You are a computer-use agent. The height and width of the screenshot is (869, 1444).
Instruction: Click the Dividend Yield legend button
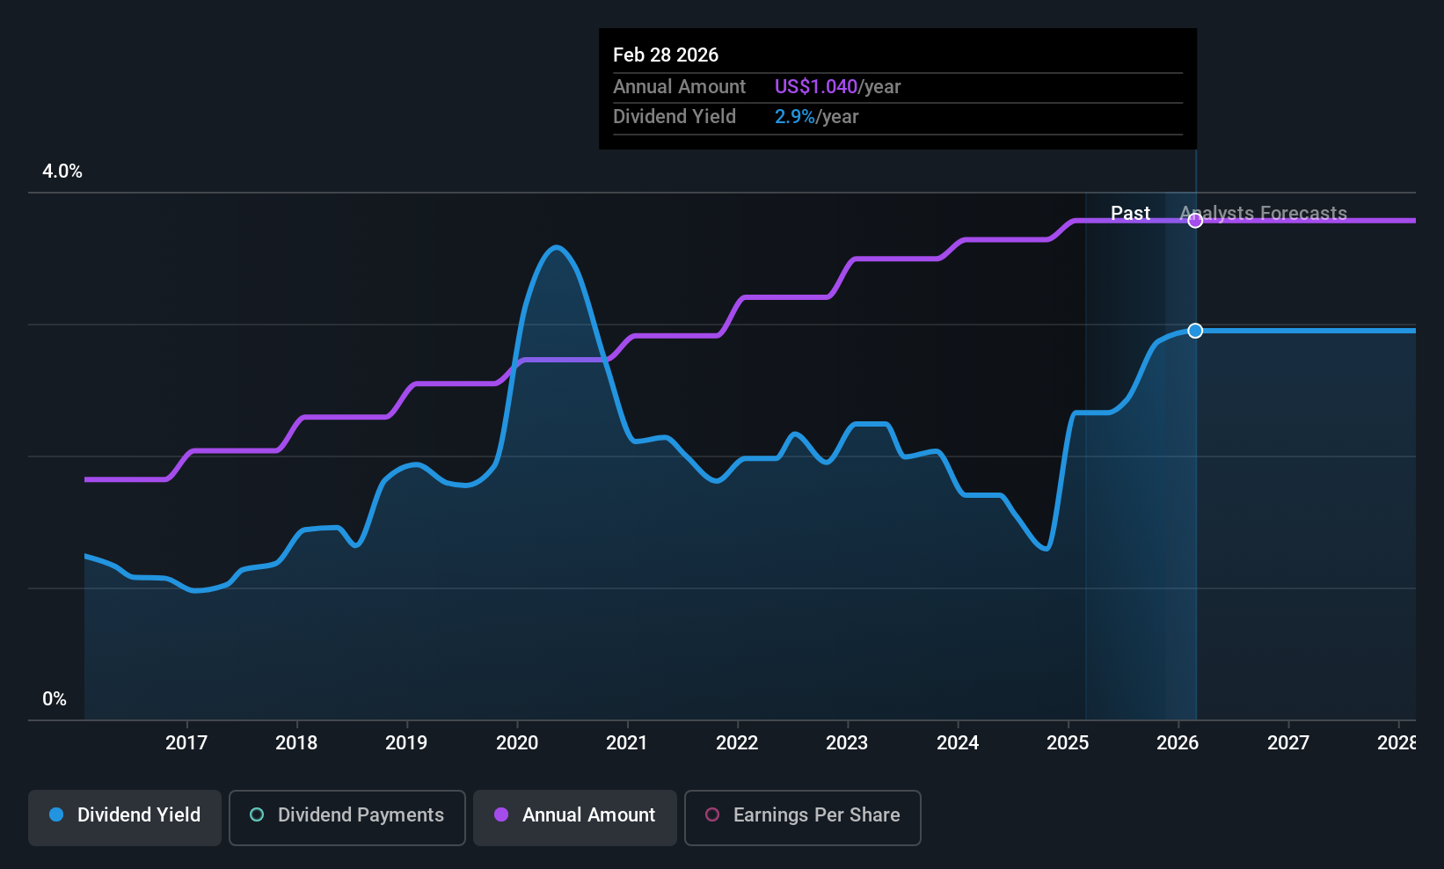pyautogui.click(x=125, y=815)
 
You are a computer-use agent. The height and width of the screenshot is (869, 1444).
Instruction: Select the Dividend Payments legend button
pyautogui.click(x=346, y=815)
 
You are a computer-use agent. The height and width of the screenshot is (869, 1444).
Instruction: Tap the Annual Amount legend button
pyautogui.click(x=575, y=815)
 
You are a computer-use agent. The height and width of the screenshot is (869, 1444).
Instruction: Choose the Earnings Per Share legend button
pyautogui.click(x=802, y=815)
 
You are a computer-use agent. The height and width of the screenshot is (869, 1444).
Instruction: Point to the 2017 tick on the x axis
pyautogui.click(x=186, y=742)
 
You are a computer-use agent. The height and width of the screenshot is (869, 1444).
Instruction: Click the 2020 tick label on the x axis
pyautogui.click(x=517, y=742)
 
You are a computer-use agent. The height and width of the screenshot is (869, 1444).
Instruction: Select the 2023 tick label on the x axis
pyautogui.click(x=847, y=742)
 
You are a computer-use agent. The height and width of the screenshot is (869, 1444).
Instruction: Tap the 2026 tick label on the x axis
pyautogui.click(x=1178, y=742)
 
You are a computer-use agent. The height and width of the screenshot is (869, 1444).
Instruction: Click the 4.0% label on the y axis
pyautogui.click(x=62, y=172)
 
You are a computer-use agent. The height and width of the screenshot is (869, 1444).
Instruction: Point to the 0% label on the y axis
pyautogui.click(x=55, y=699)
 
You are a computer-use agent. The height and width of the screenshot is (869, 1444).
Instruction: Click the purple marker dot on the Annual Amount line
pyautogui.click(x=1195, y=221)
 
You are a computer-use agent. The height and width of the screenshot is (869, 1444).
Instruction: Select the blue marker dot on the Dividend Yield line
pyautogui.click(x=1195, y=331)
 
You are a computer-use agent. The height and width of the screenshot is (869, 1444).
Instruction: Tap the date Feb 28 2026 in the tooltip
pyautogui.click(x=666, y=55)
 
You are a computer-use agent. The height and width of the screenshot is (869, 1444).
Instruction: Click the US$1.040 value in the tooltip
pyautogui.click(x=815, y=87)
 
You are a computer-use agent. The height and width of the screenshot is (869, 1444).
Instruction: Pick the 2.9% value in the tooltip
pyautogui.click(x=794, y=117)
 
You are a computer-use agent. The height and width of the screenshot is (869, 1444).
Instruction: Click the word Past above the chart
pyautogui.click(x=1130, y=213)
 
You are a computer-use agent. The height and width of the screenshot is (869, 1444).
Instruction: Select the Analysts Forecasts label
pyautogui.click(x=1263, y=213)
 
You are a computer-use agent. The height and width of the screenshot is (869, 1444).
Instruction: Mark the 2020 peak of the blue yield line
pyautogui.click(x=556, y=247)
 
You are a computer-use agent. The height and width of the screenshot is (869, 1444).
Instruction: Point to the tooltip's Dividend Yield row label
pyautogui.click(x=675, y=117)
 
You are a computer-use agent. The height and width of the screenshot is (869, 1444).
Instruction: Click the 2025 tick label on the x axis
pyautogui.click(x=1068, y=742)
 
